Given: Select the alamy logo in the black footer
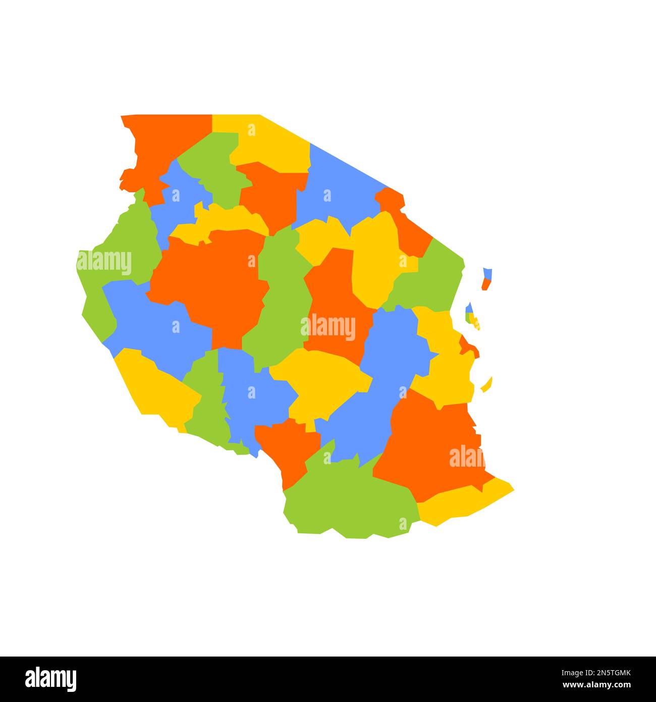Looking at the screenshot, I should pyautogui.click(x=50, y=678).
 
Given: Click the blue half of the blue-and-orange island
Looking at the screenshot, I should pyautogui.click(x=487, y=273).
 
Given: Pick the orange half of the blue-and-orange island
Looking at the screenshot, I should pyautogui.click(x=485, y=284).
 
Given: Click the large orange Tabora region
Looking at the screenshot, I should pyautogui.click(x=212, y=283).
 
